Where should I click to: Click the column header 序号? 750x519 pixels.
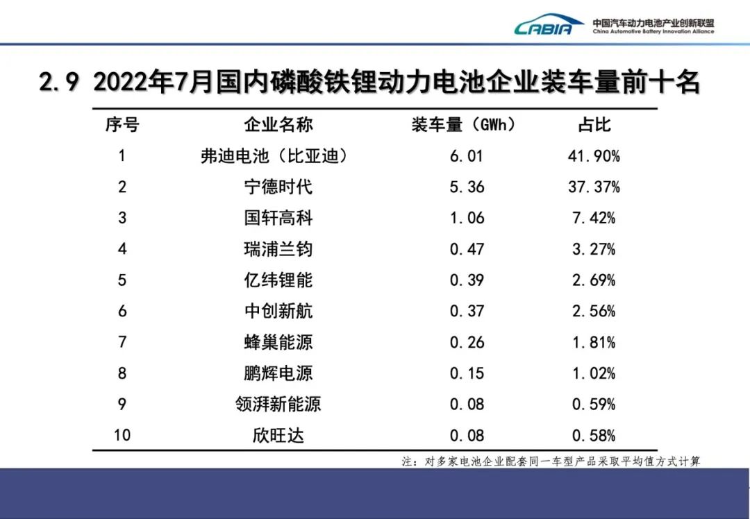(122, 125)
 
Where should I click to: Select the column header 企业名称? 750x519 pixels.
(278, 125)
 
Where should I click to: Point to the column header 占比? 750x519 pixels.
(594, 125)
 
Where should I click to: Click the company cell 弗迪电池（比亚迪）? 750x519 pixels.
(274, 156)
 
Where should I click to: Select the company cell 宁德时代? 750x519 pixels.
(278, 187)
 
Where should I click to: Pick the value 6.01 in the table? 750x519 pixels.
(467, 156)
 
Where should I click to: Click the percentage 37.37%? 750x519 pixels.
(594, 187)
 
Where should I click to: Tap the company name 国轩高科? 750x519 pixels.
(278, 218)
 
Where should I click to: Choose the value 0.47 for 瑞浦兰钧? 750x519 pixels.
(467, 249)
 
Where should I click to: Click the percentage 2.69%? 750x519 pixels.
(594, 280)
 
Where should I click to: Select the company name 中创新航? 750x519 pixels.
(278, 311)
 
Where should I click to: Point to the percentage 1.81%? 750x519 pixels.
(594, 342)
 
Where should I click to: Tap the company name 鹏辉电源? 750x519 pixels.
(278, 373)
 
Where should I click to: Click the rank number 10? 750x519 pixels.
(122, 435)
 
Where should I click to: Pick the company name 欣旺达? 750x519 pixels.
(278, 435)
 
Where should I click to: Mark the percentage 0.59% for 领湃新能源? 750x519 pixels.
(594, 404)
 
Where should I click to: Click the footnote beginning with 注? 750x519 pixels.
(551, 461)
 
